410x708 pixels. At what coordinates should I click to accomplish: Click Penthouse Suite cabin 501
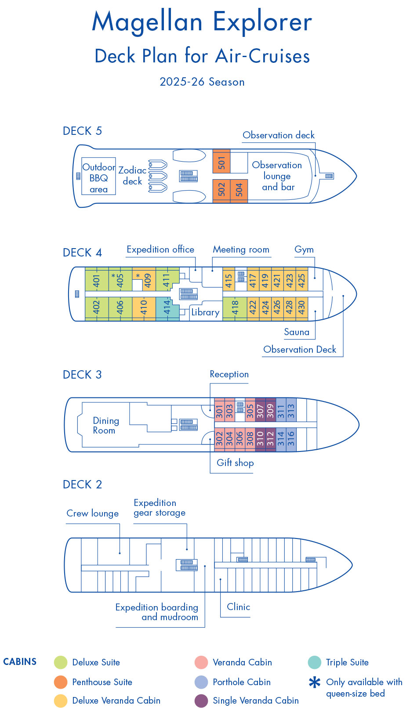221,162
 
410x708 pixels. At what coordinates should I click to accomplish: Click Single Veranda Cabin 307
260,411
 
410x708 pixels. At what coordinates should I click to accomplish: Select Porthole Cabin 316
291,438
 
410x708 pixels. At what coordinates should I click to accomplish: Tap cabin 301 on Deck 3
219,411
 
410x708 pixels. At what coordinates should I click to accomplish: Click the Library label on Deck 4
205,312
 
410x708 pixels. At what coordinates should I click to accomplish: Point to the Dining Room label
105,426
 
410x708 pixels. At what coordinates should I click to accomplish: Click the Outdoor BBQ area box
99,177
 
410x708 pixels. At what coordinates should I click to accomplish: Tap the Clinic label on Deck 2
238,607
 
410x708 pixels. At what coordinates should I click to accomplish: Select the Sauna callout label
297,332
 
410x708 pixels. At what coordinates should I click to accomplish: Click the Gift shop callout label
235,462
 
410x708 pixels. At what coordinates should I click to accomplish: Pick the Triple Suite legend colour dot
315,662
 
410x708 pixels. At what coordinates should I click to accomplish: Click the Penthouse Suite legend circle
61,682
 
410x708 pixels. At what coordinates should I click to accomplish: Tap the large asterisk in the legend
315,683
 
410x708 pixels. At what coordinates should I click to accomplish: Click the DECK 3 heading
82,375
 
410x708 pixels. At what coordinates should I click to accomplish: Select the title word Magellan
147,22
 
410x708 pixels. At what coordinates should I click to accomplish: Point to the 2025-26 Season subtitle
202,82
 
